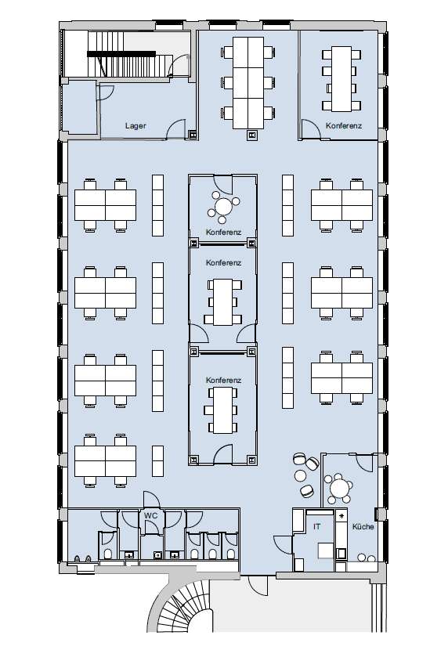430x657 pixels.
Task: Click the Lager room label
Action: [136, 126]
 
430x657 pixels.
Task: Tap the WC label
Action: [150, 515]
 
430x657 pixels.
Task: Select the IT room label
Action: [317, 526]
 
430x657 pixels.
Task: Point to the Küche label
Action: [363, 527]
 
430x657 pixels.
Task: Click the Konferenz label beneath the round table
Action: [223, 232]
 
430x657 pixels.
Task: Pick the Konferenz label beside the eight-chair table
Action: [344, 126]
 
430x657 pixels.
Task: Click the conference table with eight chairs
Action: [341, 79]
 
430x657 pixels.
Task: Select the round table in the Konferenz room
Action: [224, 207]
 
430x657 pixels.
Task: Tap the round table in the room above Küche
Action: [339, 488]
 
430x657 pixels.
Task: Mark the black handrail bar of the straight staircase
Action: [121, 53]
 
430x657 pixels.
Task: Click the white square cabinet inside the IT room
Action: [326, 551]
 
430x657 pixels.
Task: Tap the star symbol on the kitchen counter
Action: [341, 516]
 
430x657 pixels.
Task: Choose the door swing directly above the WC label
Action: [151, 500]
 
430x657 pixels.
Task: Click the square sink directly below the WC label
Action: [157, 555]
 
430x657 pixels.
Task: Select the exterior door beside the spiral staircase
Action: [258, 585]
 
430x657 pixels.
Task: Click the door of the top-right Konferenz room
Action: [310, 129]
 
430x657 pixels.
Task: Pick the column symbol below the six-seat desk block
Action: [252, 135]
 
